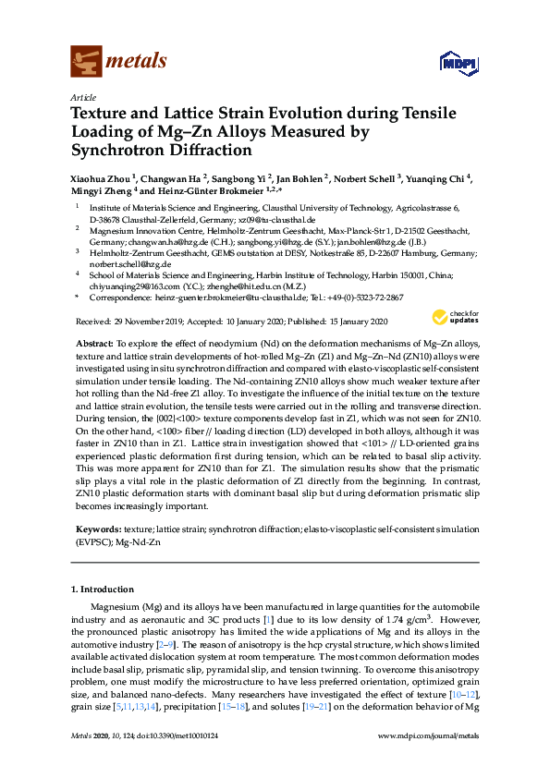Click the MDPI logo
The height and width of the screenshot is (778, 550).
coord(457,62)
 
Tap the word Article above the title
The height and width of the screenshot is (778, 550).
coord(83,97)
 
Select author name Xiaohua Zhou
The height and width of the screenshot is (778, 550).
coord(104,177)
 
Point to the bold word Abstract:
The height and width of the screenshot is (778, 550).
coord(94,342)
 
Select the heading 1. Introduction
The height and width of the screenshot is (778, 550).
coord(102,589)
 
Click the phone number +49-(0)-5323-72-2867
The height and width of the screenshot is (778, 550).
coord(375,298)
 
